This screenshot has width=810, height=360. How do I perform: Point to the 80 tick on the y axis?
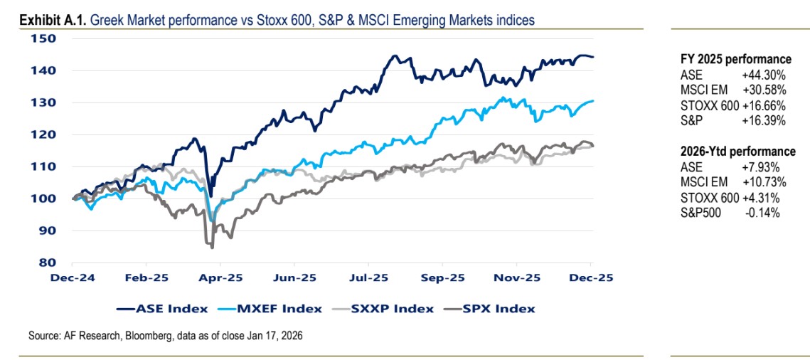point(46,262)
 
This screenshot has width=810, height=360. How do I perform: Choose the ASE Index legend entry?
point(163,308)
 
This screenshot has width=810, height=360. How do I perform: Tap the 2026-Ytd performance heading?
point(737,152)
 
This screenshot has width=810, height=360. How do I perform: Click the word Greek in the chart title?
point(105,20)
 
